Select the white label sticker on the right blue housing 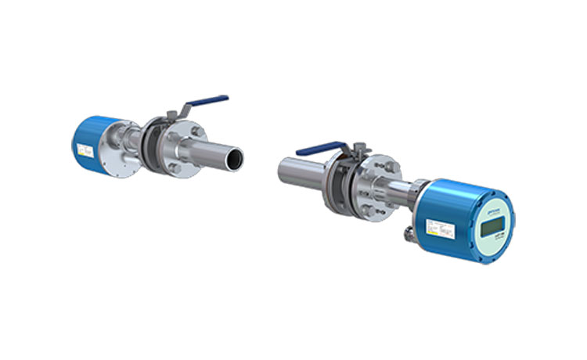435,227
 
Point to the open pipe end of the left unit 234,158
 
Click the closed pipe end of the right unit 282,168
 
